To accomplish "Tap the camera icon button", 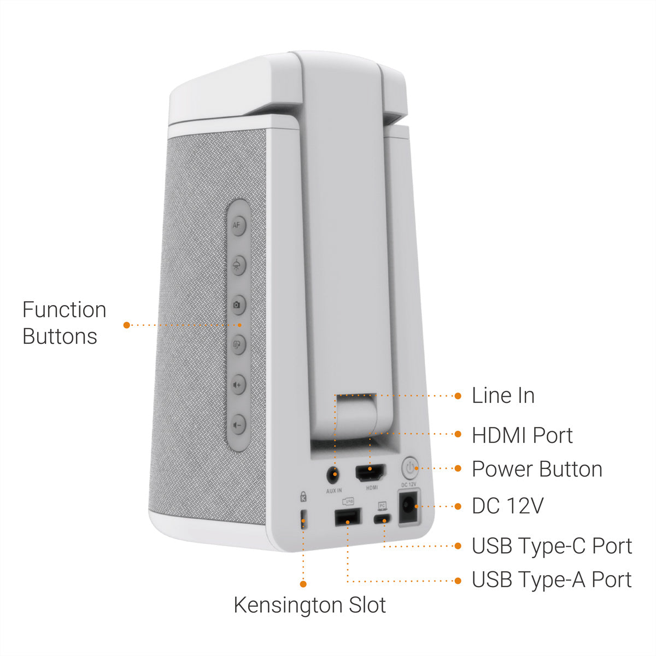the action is [238, 304].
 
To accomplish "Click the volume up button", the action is [238, 385].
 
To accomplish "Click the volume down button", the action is [238, 425].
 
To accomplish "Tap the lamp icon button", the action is [238, 265].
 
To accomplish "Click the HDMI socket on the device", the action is [371, 472].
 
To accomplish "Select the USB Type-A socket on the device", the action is [348, 517].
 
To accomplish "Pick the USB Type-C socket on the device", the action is [382, 519].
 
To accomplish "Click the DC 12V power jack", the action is [409, 506].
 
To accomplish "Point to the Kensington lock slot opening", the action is [303, 519].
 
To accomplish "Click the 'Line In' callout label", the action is [503, 396].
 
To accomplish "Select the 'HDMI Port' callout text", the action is [522, 435].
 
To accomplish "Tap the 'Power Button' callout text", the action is [537, 469].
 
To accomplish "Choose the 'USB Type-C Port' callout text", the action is [552, 546].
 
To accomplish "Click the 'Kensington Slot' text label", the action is [310, 606].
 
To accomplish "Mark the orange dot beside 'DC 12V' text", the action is [458, 507].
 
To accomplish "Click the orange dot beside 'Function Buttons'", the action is [127, 325].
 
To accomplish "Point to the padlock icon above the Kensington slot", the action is [303, 497].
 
